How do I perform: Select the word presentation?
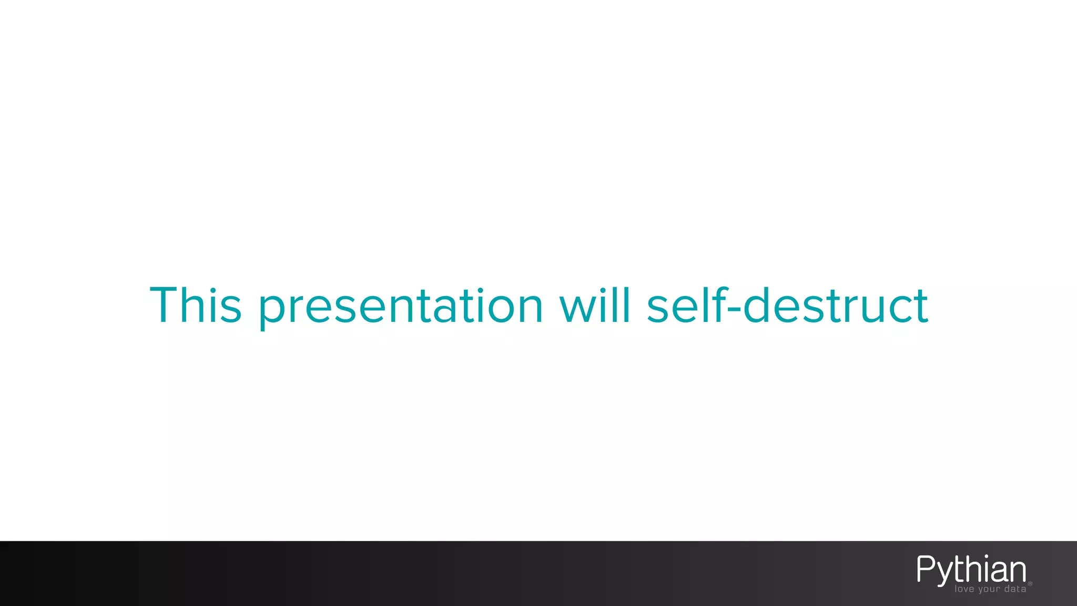[401, 307]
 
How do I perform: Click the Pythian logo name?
[971, 569]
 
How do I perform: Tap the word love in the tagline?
[965, 589]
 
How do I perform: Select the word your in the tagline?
[989, 590]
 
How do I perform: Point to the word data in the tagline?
[1015, 589]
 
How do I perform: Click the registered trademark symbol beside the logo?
[1030, 583]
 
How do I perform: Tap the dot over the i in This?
[215, 290]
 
